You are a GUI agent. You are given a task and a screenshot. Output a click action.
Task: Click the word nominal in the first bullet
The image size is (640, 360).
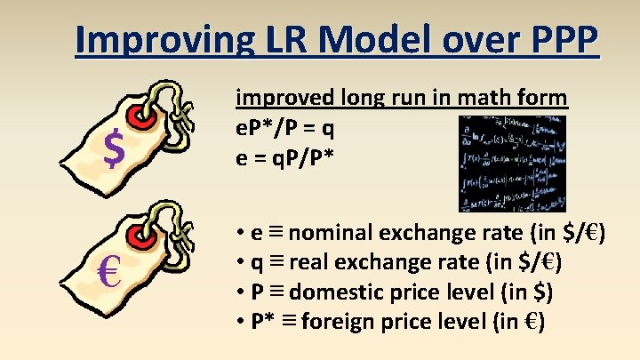(x=334, y=234)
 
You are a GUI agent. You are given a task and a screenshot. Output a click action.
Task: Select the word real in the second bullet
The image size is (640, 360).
(x=308, y=262)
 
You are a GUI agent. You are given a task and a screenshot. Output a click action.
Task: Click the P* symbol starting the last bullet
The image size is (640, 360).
(x=264, y=319)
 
